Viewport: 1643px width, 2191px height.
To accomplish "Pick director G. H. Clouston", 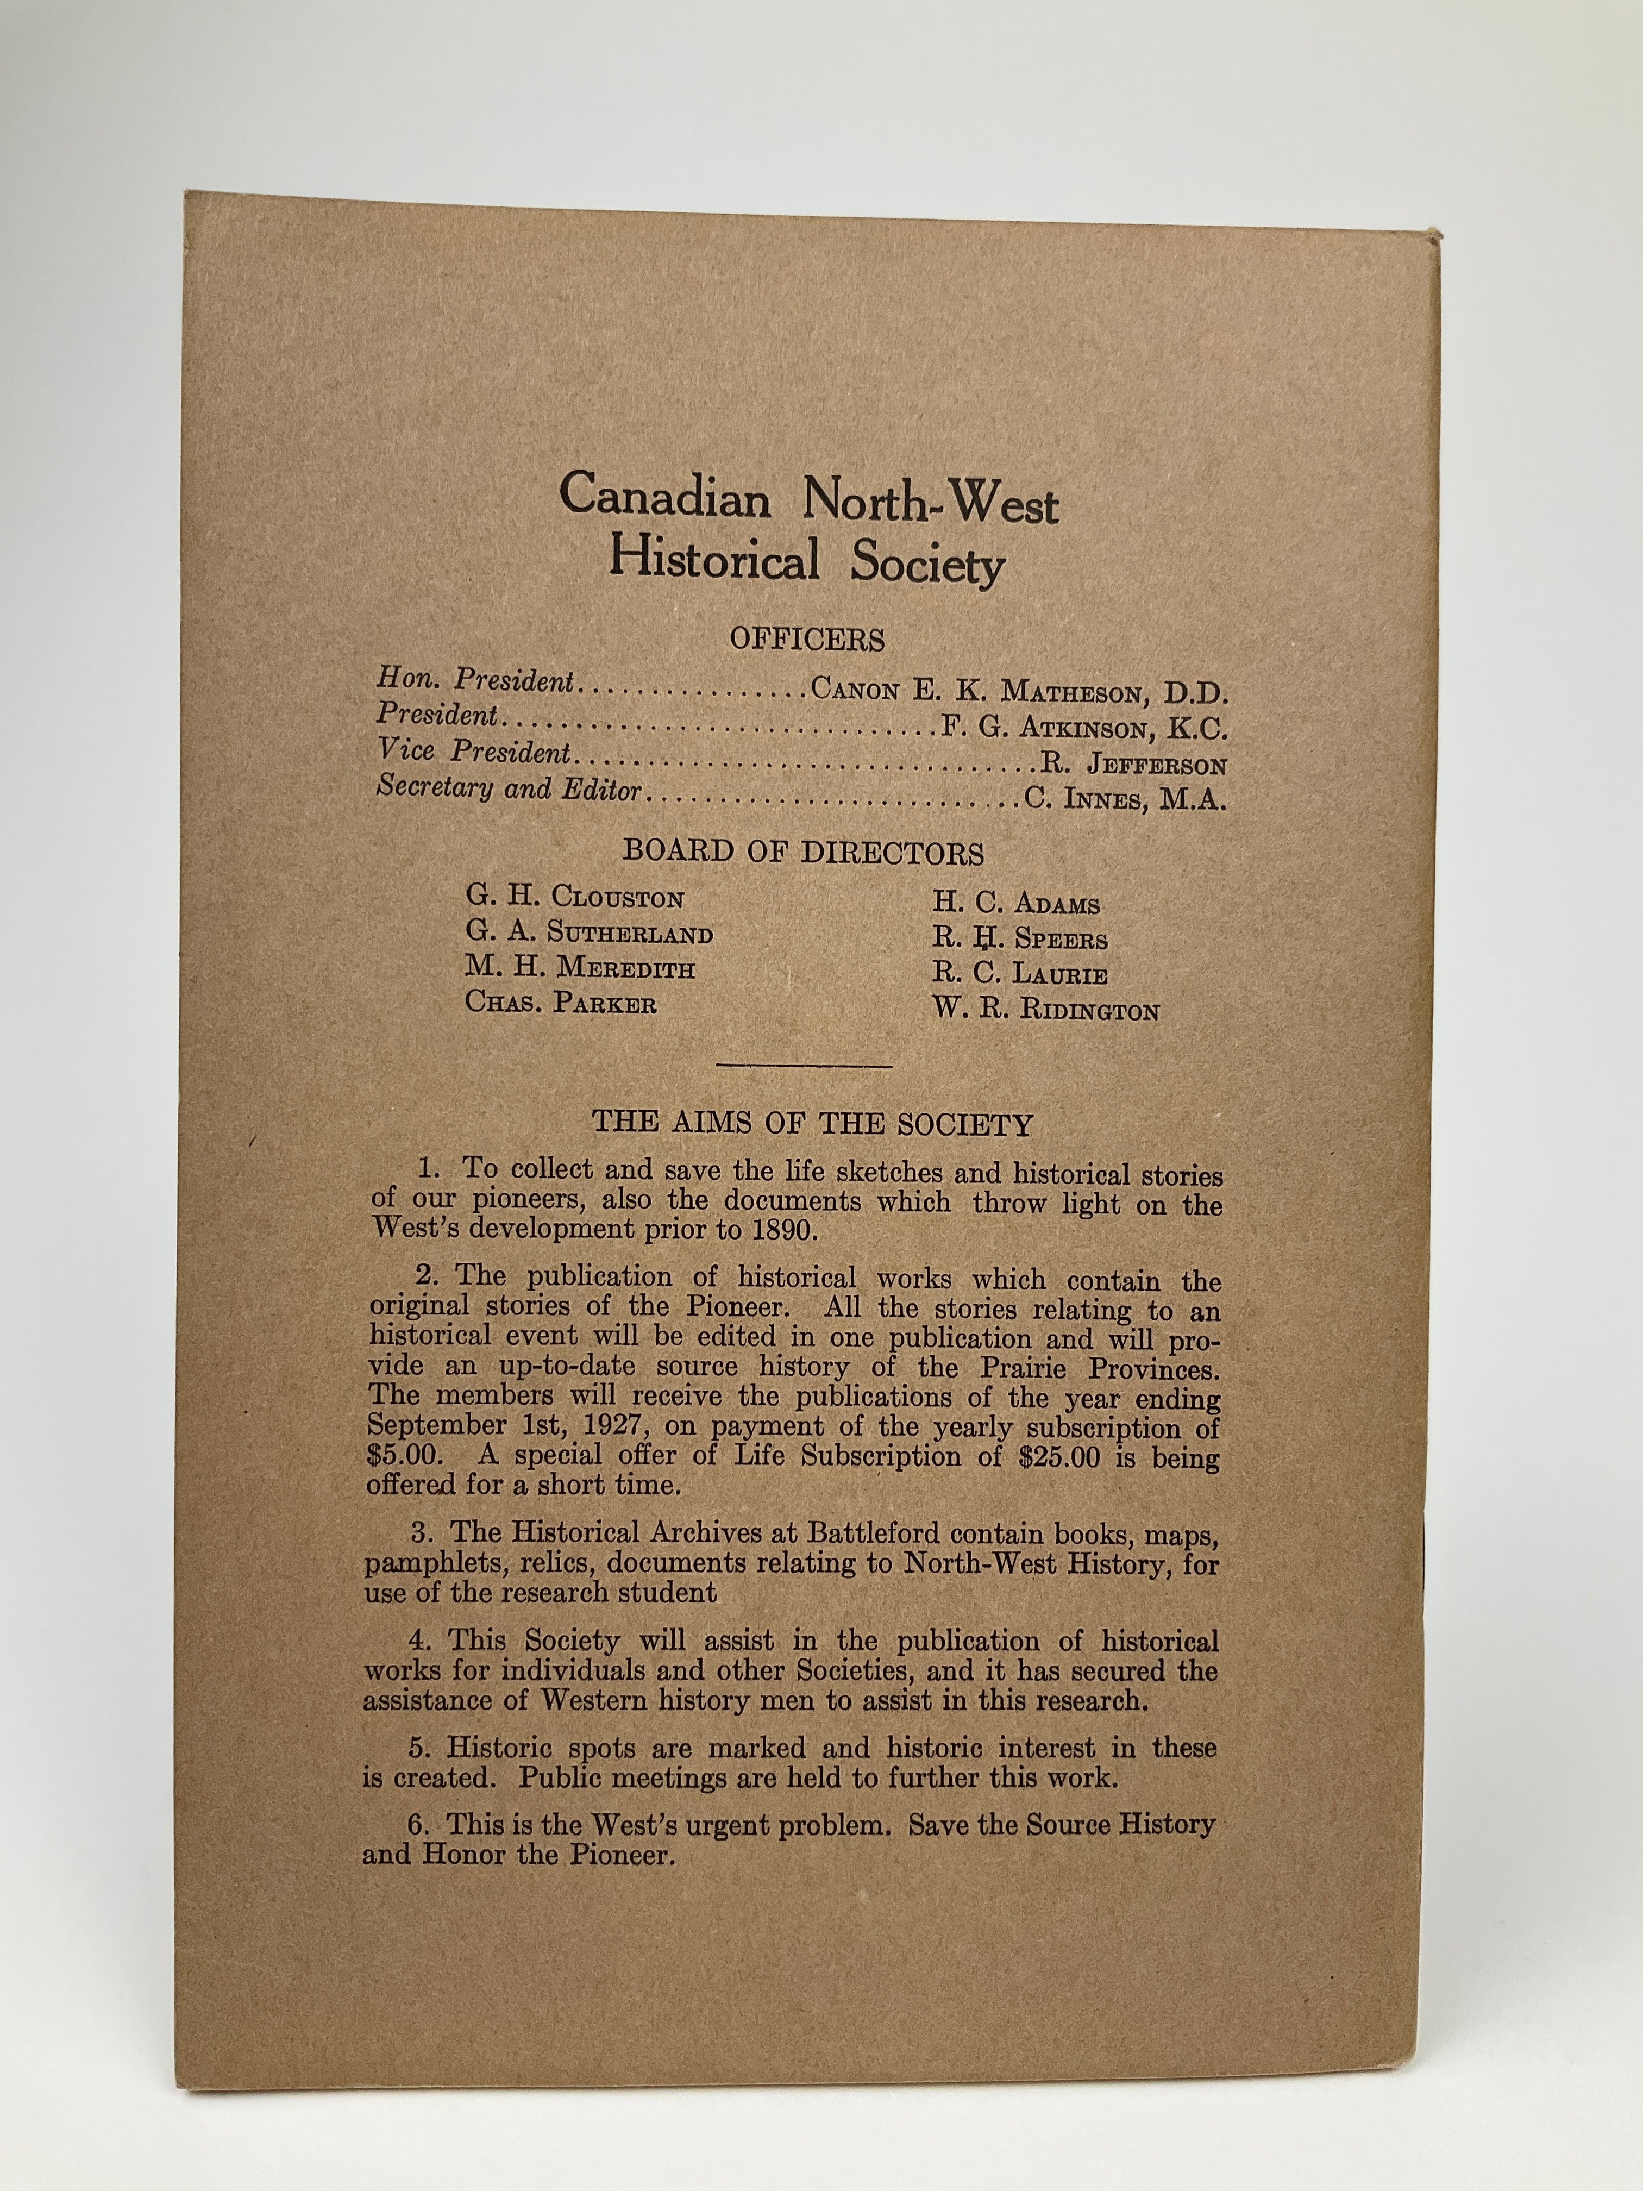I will (574, 898).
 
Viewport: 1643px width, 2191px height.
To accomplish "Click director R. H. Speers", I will (1019, 938).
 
